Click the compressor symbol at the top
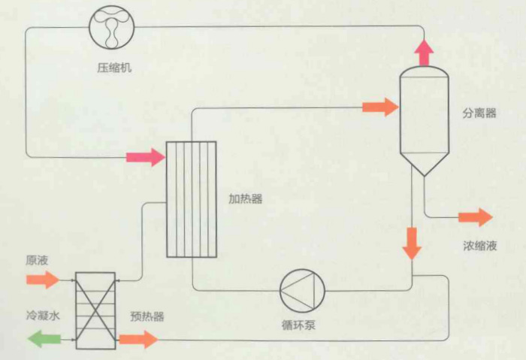[x=111, y=28]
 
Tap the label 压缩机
[x=111, y=68]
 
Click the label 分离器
[x=479, y=113]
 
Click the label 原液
[x=37, y=261]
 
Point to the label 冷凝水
[x=42, y=316]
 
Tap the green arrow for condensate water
[x=44, y=340]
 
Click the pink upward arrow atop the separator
[x=425, y=52]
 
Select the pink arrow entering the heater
[x=144, y=157]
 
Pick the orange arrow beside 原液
[x=42, y=280]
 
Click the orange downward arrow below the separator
[x=411, y=243]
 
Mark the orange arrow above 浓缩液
[x=476, y=218]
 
